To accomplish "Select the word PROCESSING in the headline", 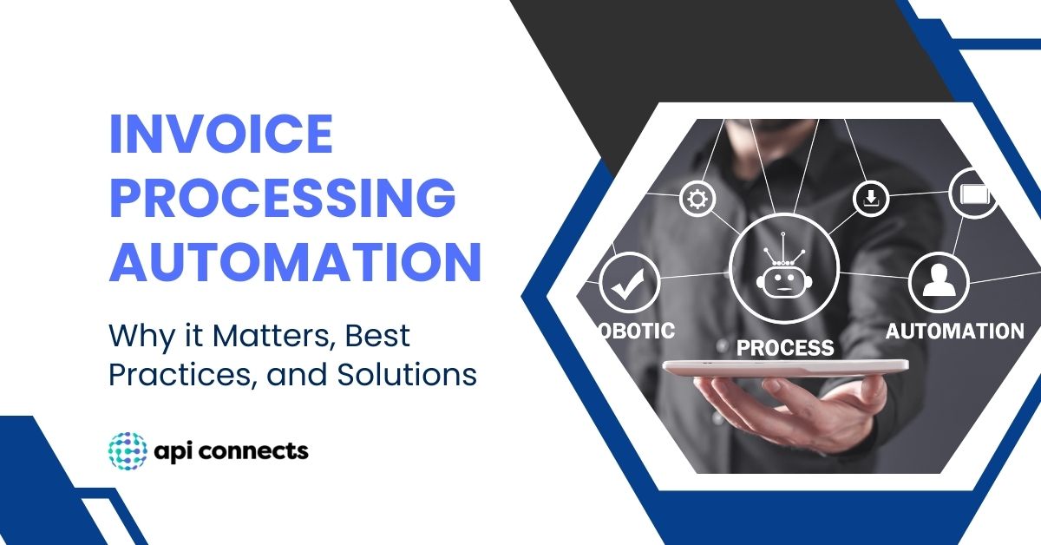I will [282, 198].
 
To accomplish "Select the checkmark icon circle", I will [629, 284].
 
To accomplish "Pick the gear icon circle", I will [696, 199].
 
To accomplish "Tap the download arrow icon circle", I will [871, 199].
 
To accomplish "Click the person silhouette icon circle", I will [938, 282].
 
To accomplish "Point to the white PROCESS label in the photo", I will [784, 348].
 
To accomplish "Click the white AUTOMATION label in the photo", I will [954, 331].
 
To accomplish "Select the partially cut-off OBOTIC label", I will [635, 331].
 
